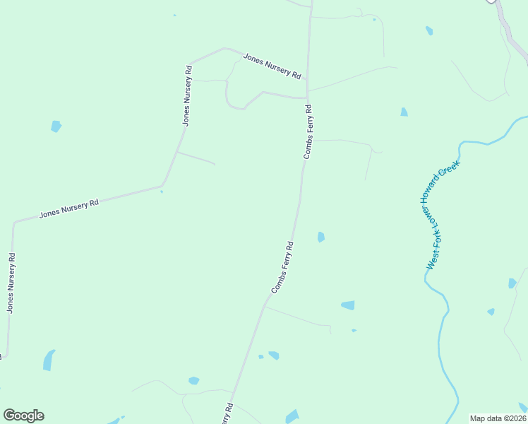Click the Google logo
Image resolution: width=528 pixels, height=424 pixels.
tap(23, 416)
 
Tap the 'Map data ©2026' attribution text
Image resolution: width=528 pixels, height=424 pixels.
tap(498, 418)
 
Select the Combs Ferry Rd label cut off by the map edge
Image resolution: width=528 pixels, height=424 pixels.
tap(227, 414)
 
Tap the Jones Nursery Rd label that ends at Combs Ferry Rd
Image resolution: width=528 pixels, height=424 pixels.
tap(272, 66)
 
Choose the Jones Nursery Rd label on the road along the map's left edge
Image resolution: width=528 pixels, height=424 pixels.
tap(11, 283)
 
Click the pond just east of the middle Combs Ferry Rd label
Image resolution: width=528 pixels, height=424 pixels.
tap(321, 237)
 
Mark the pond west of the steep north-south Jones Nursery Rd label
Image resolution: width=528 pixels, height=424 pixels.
tap(56, 126)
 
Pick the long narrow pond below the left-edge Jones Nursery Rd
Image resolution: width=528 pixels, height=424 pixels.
tap(48, 360)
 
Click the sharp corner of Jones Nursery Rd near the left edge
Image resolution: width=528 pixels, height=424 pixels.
tap(14, 222)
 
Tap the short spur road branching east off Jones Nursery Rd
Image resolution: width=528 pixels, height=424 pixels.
tap(196, 158)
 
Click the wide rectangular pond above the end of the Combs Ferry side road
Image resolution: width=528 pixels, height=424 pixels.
tap(348, 305)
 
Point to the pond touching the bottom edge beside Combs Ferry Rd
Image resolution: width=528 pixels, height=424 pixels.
tap(292, 417)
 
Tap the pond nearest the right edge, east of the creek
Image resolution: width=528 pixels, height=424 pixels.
tap(512, 283)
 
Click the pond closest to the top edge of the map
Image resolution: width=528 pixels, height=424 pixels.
tap(429, 30)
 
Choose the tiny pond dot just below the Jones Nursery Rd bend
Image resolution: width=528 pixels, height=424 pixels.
tap(162, 192)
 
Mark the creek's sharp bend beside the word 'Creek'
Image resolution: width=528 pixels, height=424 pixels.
tap(461, 146)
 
